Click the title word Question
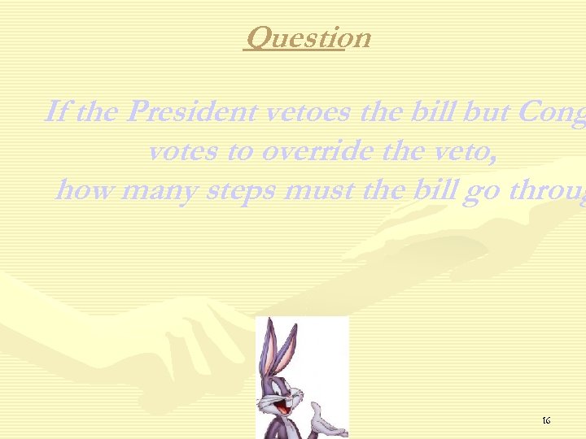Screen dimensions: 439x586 point(307,37)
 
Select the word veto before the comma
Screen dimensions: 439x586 point(466,152)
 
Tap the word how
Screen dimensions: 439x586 point(83,192)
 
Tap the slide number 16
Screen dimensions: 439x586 point(546,420)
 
